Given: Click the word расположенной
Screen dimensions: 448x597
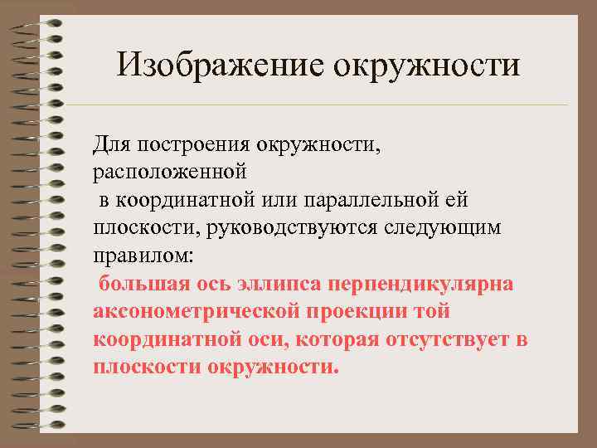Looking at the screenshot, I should coord(169,173).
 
